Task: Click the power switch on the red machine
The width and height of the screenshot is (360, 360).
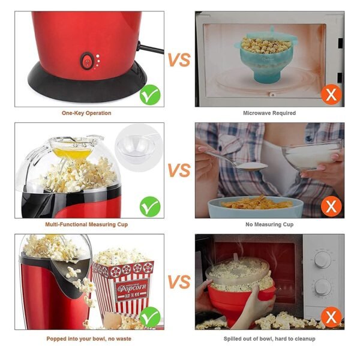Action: point(88,61)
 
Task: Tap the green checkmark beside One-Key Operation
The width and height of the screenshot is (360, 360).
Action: point(150,95)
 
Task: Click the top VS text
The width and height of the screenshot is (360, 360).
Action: point(179,61)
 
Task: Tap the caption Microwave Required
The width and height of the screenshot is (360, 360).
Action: point(269,113)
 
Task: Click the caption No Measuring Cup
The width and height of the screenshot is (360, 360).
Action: point(269,224)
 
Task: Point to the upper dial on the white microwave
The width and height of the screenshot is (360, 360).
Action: point(323,259)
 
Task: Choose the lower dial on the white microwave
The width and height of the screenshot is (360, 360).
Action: point(323,287)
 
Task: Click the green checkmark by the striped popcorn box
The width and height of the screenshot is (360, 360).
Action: point(150,317)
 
